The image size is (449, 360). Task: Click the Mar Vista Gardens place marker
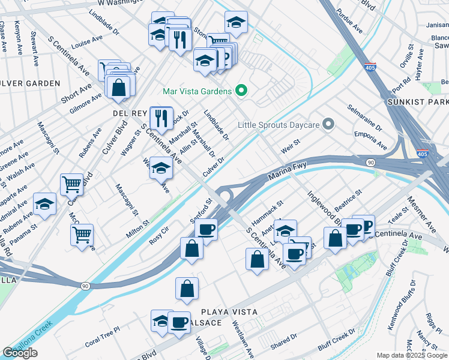(241, 91)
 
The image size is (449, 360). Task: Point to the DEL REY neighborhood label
(126, 112)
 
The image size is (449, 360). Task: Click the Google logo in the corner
(20, 353)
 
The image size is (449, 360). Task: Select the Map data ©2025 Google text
(412, 355)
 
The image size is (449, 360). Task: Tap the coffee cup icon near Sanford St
(206, 229)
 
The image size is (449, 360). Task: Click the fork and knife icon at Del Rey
(161, 118)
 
